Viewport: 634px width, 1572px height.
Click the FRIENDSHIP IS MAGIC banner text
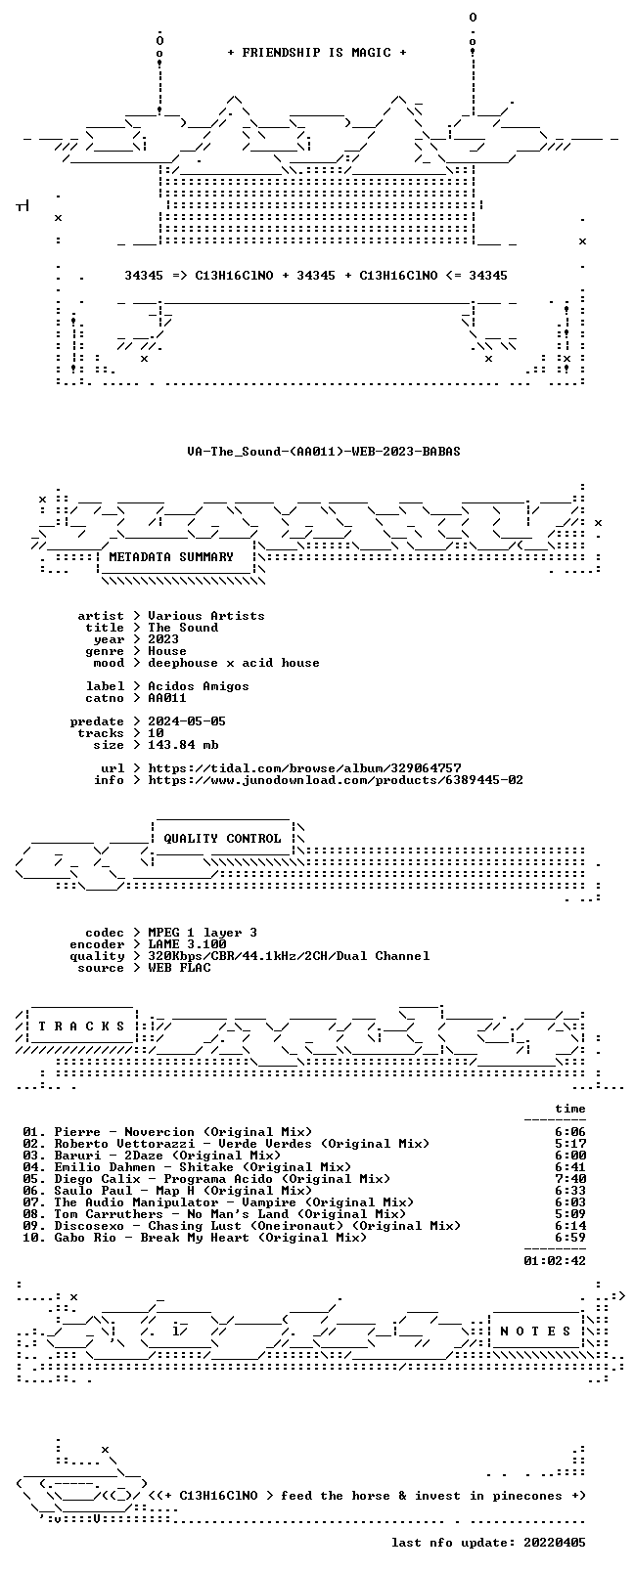coord(317,53)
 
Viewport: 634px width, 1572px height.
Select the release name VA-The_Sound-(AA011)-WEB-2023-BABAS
coord(324,452)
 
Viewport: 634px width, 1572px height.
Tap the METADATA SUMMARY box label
coord(170,556)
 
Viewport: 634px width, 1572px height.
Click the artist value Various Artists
coord(206,616)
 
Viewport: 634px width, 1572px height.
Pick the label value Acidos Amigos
coord(198,685)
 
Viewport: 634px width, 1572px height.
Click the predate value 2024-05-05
coord(187,720)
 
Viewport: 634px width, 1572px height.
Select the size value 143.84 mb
coord(183,745)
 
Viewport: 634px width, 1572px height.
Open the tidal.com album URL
coord(304,767)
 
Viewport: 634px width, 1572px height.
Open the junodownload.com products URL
coord(336,780)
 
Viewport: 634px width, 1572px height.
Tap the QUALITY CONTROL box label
coord(222,838)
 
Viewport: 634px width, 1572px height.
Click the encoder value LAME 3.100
coord(187,944)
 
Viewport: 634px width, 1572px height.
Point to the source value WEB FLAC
coord(179,967)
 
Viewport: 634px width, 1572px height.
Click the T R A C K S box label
coord(81,1026)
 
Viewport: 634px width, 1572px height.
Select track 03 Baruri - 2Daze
coord(152,1156)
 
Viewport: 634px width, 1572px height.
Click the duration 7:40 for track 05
coord(570,1178)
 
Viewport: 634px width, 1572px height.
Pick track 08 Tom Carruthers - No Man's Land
coord(214,1213)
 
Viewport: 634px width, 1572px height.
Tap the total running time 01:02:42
coord(555,1260)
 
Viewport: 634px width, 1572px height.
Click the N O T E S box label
coord(536,1331)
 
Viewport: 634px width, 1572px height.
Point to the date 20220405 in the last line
coord(555,1542)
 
